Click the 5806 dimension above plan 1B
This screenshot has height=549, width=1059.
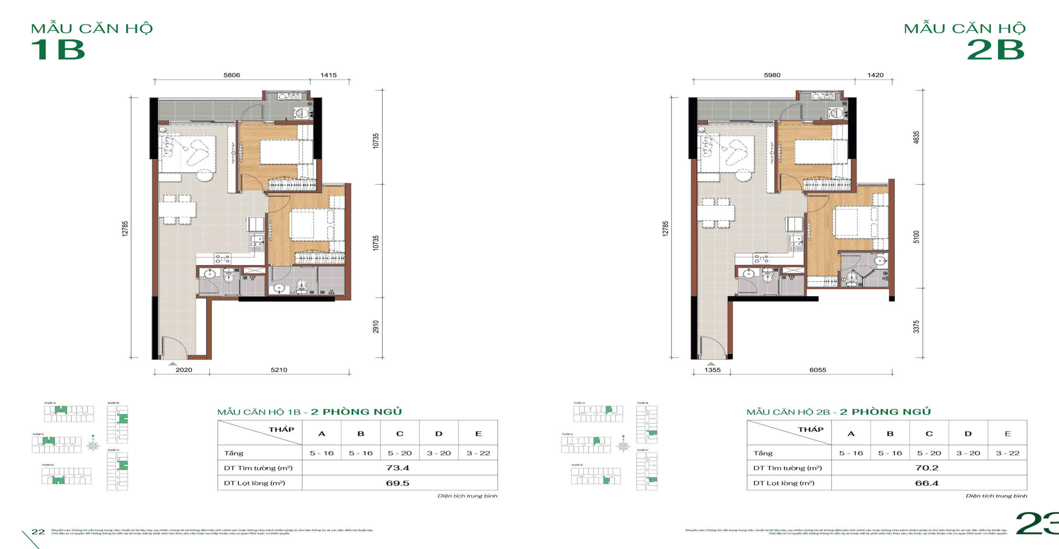231,75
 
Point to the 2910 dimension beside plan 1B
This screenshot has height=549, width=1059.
376,327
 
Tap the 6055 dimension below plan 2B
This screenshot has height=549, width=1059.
817,370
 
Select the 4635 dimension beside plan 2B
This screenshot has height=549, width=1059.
916,137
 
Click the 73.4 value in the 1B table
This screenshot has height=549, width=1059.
398,468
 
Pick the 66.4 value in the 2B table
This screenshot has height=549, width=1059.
927,483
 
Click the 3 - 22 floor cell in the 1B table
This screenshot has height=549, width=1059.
478,453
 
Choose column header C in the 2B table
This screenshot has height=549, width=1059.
929,434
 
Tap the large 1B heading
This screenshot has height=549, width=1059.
58,50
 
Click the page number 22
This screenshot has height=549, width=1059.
38,532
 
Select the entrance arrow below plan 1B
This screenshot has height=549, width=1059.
173,364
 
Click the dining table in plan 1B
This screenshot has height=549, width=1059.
177,209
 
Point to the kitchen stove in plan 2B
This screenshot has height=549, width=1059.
761,259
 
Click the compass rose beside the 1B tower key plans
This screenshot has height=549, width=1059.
93,446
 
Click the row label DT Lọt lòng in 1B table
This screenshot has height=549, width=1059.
254,483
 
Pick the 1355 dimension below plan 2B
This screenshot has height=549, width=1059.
712,370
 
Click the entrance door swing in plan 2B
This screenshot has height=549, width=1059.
709,346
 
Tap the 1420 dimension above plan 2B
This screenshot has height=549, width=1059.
875,75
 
